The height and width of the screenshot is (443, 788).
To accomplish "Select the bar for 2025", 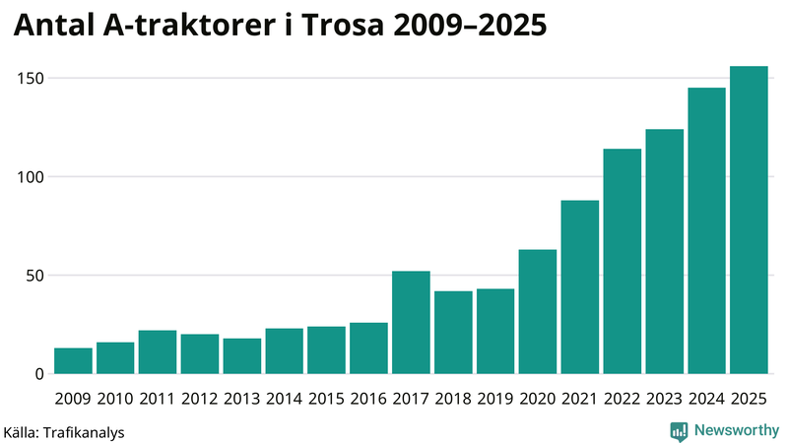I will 749,221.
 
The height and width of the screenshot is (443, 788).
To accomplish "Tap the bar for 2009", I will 73,361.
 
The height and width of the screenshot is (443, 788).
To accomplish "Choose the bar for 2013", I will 241,356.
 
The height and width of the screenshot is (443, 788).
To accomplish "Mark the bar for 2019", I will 495,332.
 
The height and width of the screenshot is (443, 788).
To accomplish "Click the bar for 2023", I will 665,252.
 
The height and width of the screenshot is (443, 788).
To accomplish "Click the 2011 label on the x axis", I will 158,398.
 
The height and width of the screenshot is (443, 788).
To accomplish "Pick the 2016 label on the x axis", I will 368,398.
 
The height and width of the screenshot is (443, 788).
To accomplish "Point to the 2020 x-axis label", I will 538,398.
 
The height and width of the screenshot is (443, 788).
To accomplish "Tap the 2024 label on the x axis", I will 707,398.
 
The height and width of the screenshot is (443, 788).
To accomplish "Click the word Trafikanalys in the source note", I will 83,431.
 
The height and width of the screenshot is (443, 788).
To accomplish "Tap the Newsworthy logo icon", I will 680,430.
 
